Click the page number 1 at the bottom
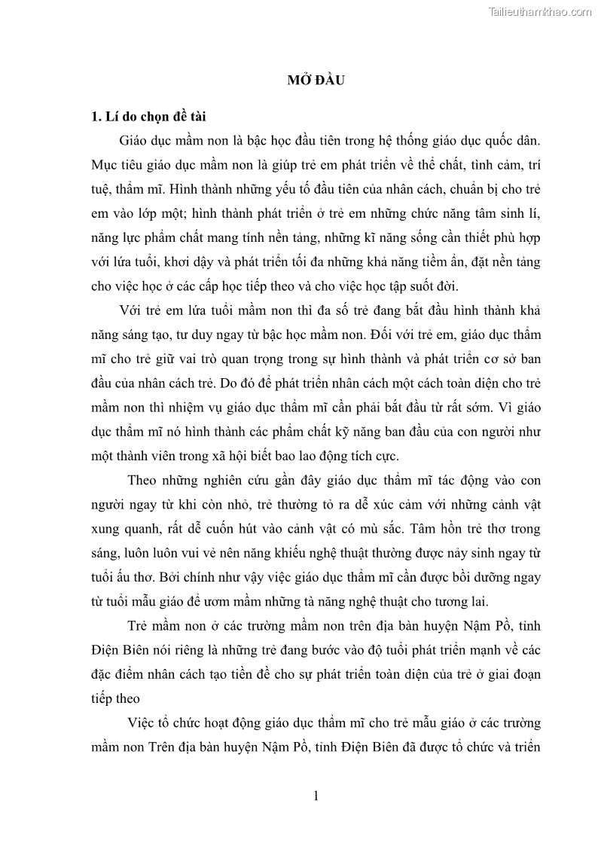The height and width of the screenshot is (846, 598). click(x=317, y=796)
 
